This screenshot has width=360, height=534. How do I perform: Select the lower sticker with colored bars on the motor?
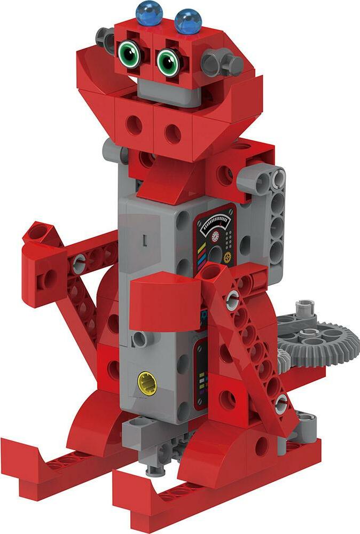[202, 374]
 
